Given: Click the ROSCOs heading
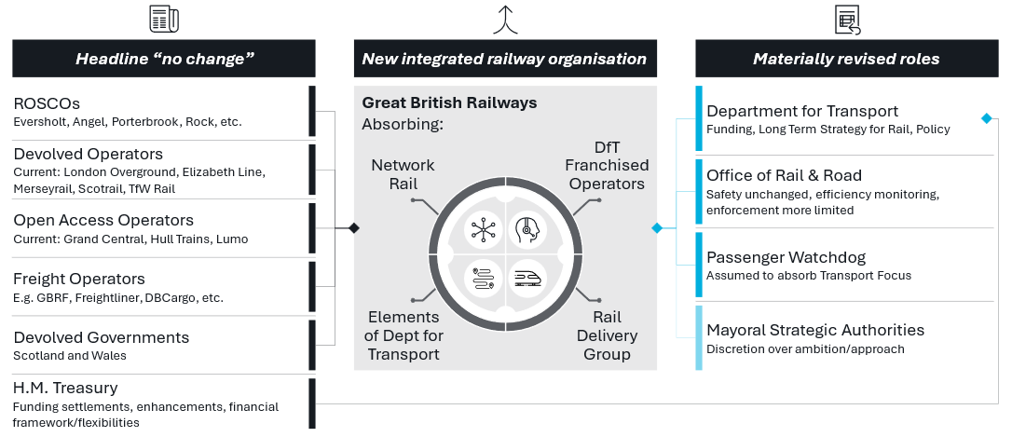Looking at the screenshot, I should [x=46, y=103].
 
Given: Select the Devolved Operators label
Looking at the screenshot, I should [x=88, y=155].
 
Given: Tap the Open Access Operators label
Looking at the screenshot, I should [x=103, y=221].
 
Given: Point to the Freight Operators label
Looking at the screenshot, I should [x=79, y=280].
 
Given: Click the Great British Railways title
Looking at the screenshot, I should [x=449, y=103].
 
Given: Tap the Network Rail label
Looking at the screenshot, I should [x=403, y=174].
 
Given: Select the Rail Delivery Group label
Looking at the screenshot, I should [x=607, y=335].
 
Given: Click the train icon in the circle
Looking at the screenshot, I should [x=528, y=276].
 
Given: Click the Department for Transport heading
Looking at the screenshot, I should [x=802, y=112].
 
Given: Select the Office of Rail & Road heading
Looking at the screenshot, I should [x=784, y=176].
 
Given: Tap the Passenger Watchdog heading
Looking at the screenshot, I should [x=786, y=257].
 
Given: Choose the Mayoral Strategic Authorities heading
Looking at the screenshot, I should [x=815, y=331].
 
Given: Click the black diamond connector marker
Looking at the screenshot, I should [x=353, y=227].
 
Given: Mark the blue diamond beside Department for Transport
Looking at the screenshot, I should [x=986, y=118].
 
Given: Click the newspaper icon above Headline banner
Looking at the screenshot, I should [x=164, y=19].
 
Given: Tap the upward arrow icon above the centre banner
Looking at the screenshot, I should [x=505, y=19].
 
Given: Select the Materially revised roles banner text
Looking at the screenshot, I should [x=846, y=60].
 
